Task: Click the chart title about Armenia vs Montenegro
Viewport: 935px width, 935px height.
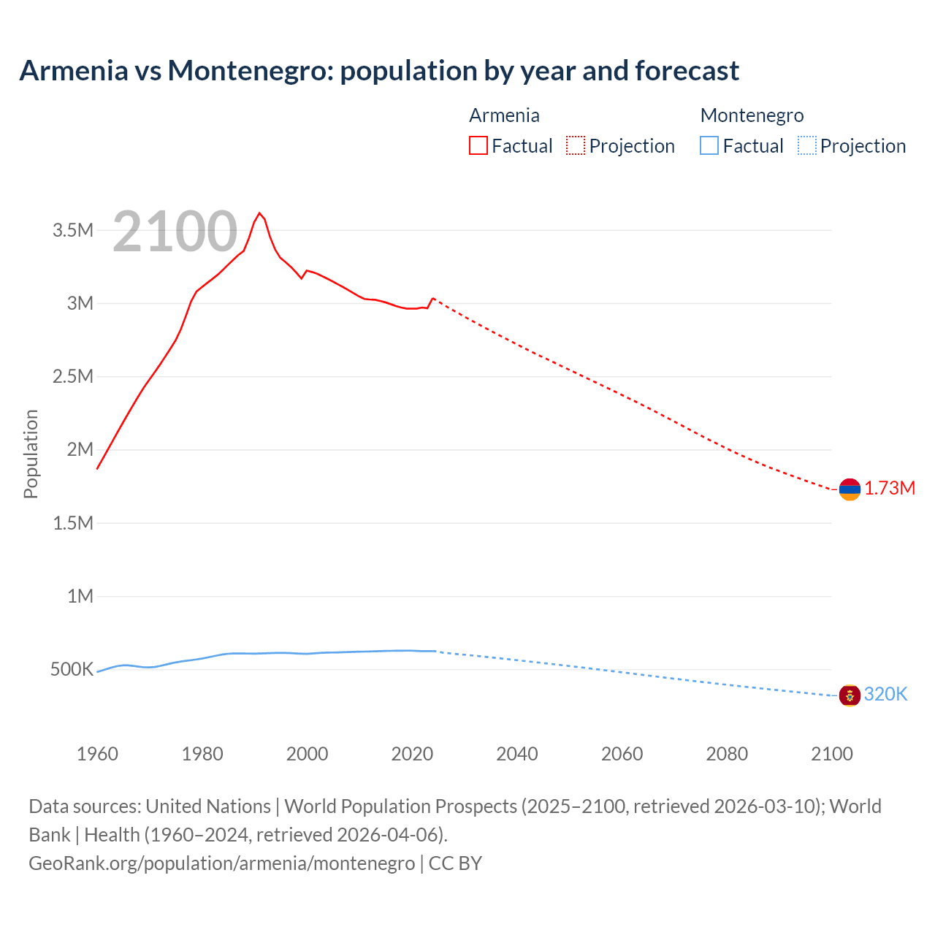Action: (379, 71)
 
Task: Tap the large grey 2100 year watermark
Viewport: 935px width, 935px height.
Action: (175, 232)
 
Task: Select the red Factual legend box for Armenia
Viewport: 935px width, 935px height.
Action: (478, 146)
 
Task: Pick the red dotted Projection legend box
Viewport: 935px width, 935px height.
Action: (576, 146)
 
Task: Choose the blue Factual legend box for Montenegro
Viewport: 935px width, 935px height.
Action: (709, 146)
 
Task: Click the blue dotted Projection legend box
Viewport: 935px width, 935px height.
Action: (807, 146)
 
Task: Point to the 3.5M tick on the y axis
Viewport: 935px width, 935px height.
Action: (73, 231)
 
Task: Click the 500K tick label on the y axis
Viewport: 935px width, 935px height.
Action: (72, 670)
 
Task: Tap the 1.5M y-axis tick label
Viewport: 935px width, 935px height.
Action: (73, 523)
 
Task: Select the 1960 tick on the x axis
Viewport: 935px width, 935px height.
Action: (97, 754)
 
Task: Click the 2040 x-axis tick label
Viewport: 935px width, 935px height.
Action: (517, 754)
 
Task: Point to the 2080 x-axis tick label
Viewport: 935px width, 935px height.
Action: (727, 754)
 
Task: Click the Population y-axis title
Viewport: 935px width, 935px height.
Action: (31, 454)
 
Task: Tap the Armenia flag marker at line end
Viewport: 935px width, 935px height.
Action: (850, 489)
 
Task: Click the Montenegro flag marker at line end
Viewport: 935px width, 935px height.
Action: (850, 695)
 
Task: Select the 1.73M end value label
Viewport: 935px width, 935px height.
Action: (890, 489)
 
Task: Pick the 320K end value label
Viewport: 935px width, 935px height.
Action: (885, 695)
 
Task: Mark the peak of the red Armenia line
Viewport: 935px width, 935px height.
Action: (259, 213)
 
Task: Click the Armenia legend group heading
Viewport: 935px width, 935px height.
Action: (504, 115)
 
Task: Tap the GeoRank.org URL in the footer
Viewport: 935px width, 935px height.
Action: (221, 863)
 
